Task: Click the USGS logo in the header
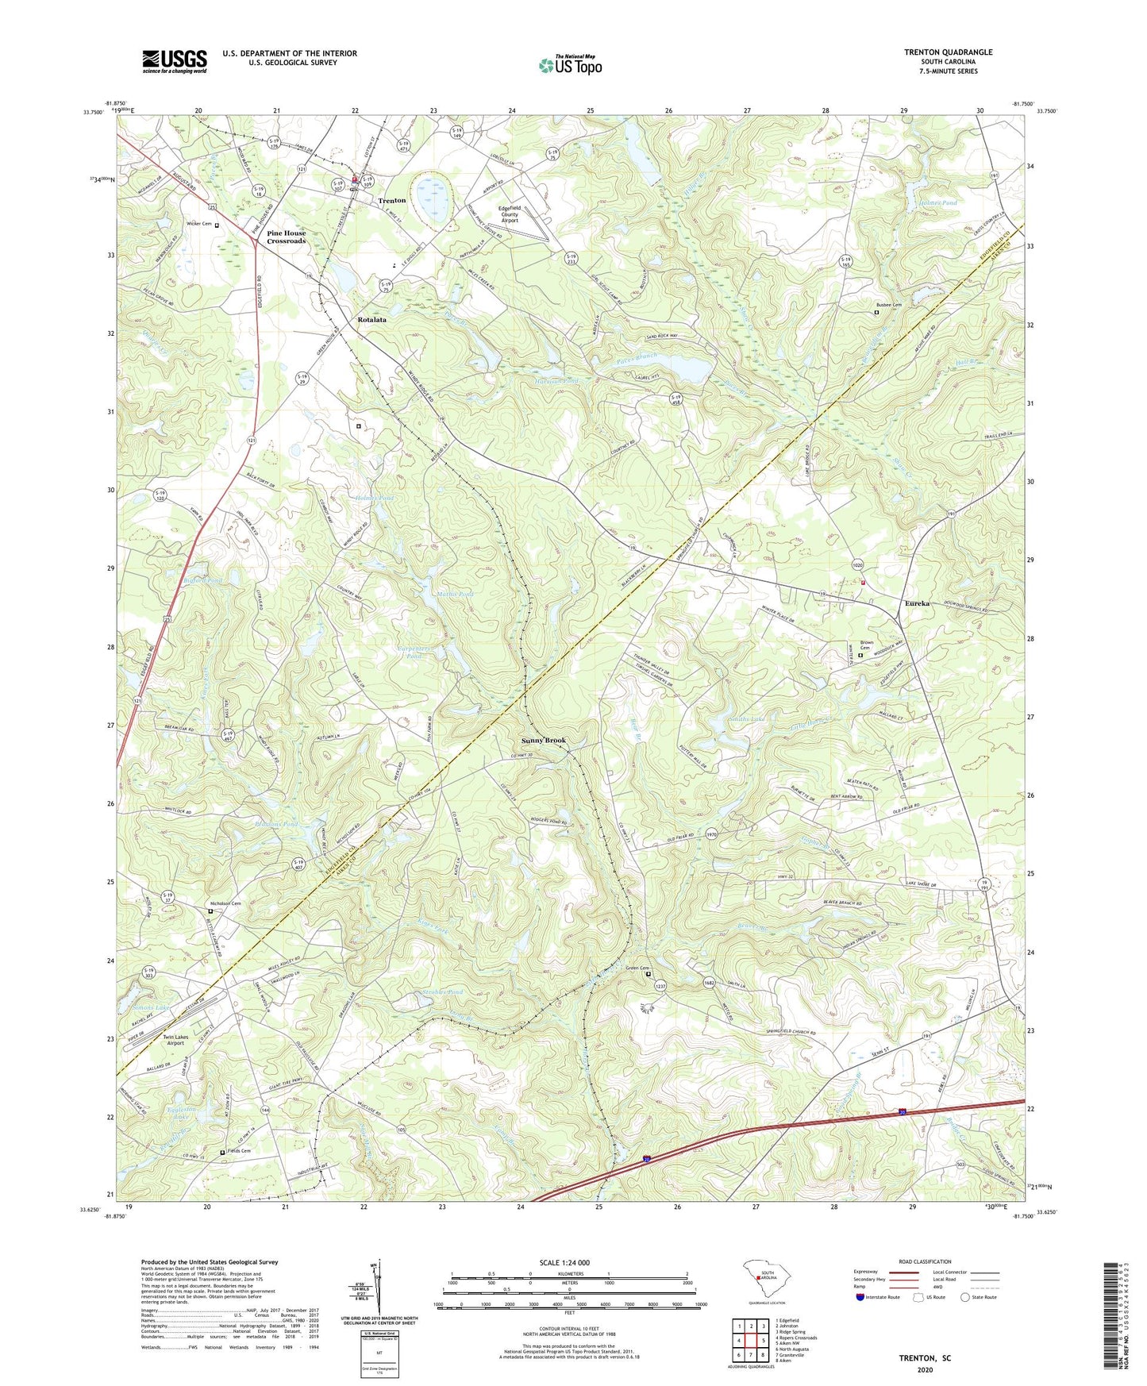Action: [174, 61]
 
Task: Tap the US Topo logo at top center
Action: [569, 65]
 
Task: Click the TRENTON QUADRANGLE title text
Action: [948, 52]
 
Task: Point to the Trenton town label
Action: [392, 201]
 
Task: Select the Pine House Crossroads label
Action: [286, 237]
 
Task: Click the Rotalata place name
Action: [371, 319]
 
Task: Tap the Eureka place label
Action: [917, 603]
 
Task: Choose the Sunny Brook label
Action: [544, 740]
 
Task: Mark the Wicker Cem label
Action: [198, 224]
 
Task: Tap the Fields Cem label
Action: [239, 1151]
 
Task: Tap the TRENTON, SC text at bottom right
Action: [925, 1358]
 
